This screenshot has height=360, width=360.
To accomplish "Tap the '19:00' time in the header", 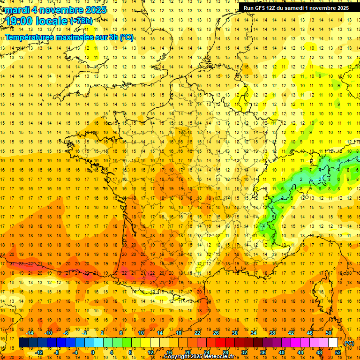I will pos(20,21).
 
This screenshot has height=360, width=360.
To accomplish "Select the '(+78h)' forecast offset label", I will pos(81,21).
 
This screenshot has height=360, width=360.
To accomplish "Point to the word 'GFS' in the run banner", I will pos(265,8).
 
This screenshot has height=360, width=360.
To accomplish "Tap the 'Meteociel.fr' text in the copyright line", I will pos(223,357).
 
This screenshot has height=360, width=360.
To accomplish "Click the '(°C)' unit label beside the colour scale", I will pos(349,343).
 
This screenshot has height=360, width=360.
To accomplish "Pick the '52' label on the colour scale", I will pos(337,352).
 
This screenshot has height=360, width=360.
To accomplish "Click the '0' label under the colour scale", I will pos(93,352).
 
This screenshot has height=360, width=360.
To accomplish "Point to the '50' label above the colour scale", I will pos(328,333).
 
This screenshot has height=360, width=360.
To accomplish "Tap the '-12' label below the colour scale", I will pos(39,352).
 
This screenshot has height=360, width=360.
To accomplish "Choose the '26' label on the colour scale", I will pos(216,333).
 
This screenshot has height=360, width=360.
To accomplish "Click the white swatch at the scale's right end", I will pos(333,343).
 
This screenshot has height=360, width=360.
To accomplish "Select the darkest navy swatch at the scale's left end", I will pos(23,343).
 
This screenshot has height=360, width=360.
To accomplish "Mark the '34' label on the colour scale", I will pos(253,333).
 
